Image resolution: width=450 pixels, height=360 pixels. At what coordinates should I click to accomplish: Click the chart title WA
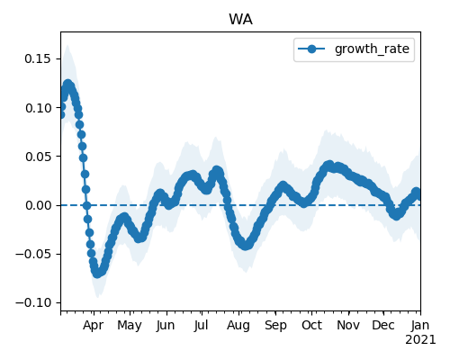240,20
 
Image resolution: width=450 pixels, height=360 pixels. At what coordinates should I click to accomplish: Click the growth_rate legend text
372,49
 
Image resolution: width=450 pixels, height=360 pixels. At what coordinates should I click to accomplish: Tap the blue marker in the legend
311,49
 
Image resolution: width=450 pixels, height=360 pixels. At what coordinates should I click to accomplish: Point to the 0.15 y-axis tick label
38,58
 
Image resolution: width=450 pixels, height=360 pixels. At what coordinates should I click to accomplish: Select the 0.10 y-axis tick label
38,108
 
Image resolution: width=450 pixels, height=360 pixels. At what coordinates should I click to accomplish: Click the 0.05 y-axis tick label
38,157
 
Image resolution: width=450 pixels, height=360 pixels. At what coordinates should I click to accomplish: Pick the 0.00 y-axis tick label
38,205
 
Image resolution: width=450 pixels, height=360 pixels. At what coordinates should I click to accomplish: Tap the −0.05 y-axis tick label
33,255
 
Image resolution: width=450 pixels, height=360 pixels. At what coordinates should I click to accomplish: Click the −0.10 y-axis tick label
33,303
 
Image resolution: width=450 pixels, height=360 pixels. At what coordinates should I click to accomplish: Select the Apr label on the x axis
94,325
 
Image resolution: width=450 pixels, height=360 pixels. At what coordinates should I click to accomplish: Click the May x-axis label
130,325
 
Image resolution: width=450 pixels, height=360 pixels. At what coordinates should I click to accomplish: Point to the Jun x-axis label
166,325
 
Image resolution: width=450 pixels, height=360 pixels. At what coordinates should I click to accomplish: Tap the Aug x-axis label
238,325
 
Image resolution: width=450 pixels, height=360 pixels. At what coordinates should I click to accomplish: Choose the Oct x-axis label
311,325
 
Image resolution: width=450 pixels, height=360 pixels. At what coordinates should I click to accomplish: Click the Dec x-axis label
383,325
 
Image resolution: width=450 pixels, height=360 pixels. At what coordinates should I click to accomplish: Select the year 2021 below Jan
420,340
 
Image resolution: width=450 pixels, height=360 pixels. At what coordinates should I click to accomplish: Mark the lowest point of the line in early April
97,274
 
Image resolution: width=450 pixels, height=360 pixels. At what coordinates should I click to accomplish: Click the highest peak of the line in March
68,84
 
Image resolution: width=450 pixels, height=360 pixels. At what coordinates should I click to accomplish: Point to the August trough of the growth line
246,246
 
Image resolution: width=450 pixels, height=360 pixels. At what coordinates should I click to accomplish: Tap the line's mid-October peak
329,166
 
